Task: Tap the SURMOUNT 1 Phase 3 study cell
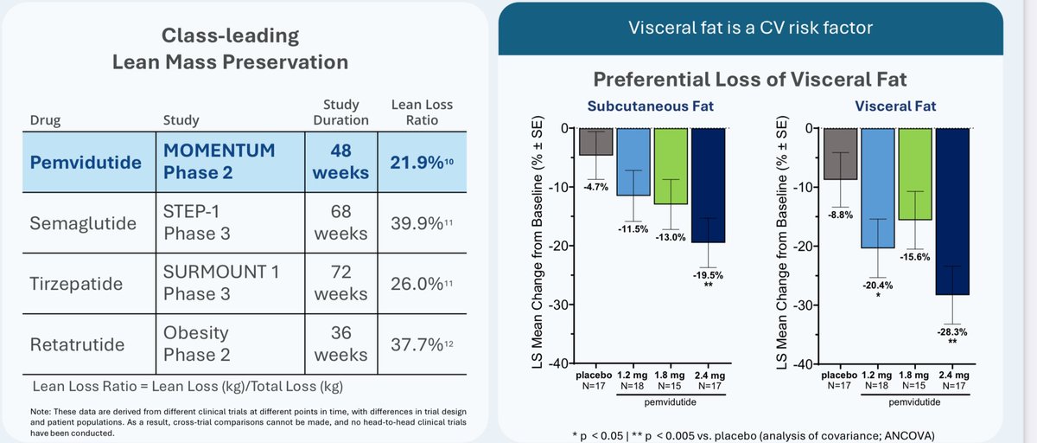pos(221,282)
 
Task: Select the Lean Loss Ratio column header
pos(421,112)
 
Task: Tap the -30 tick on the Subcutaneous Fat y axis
pos(565,305)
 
